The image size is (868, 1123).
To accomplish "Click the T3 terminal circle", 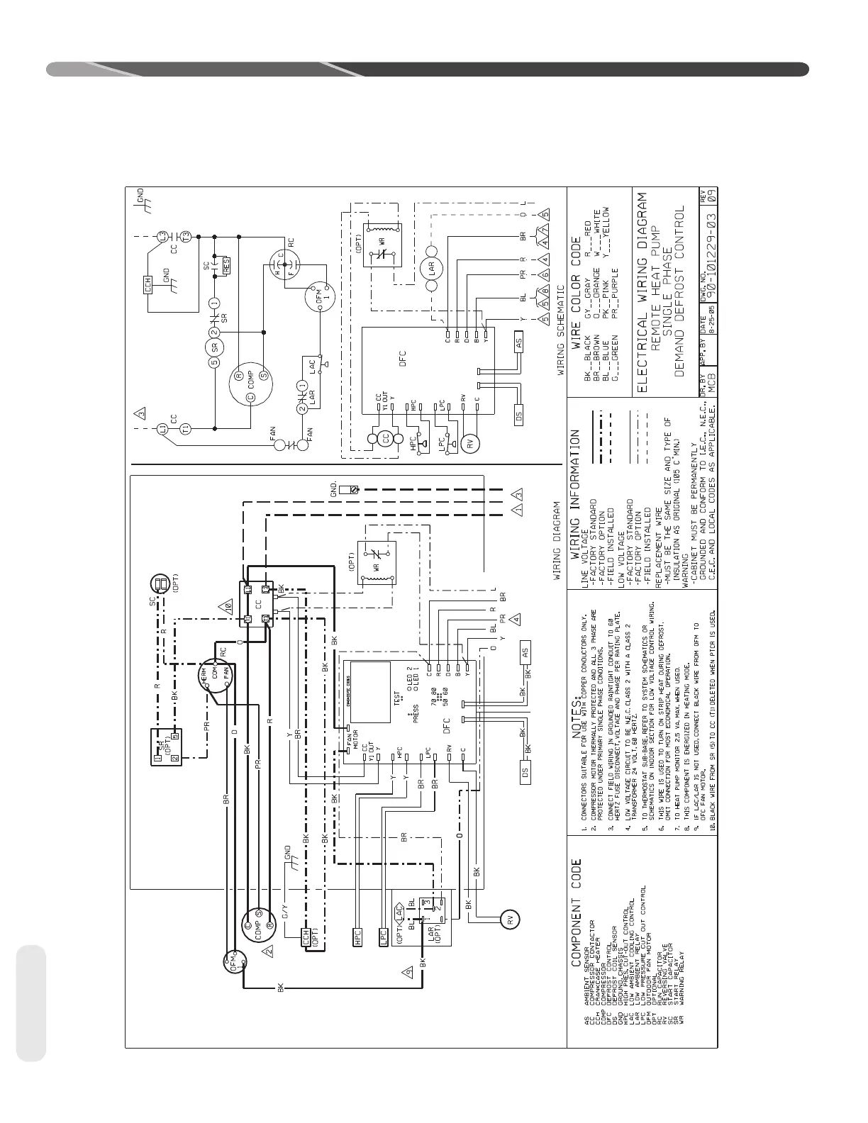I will [186, 235].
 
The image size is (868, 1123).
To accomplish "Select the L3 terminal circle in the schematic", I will [162, 235].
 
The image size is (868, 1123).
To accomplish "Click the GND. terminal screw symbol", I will [349, 490].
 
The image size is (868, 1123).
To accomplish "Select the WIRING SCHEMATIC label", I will [560, 330].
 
